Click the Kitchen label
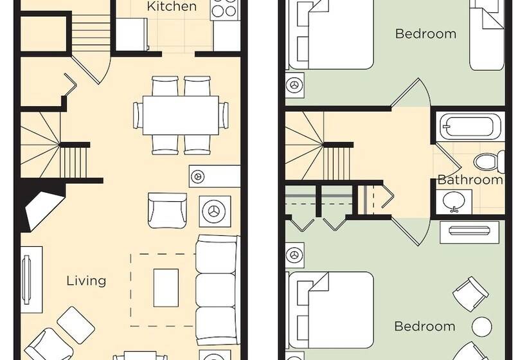pos(172,6)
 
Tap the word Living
pos(86,281)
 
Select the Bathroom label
pos(470,180)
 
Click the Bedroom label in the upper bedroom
pos(426,34)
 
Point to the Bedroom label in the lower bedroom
pos(425,327)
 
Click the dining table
pos(181,115)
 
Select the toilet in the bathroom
pos(489,161)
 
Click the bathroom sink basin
pos(454,201)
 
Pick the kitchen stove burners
pos(224,8)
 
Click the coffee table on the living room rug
pos(166,288)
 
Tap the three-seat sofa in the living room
pos(217,290)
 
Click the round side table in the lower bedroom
pos(481,327)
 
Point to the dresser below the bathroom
pos(470,232)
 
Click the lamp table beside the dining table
pos(197,175)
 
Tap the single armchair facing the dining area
pos(167,211)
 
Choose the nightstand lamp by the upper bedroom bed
pos(295,84)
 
